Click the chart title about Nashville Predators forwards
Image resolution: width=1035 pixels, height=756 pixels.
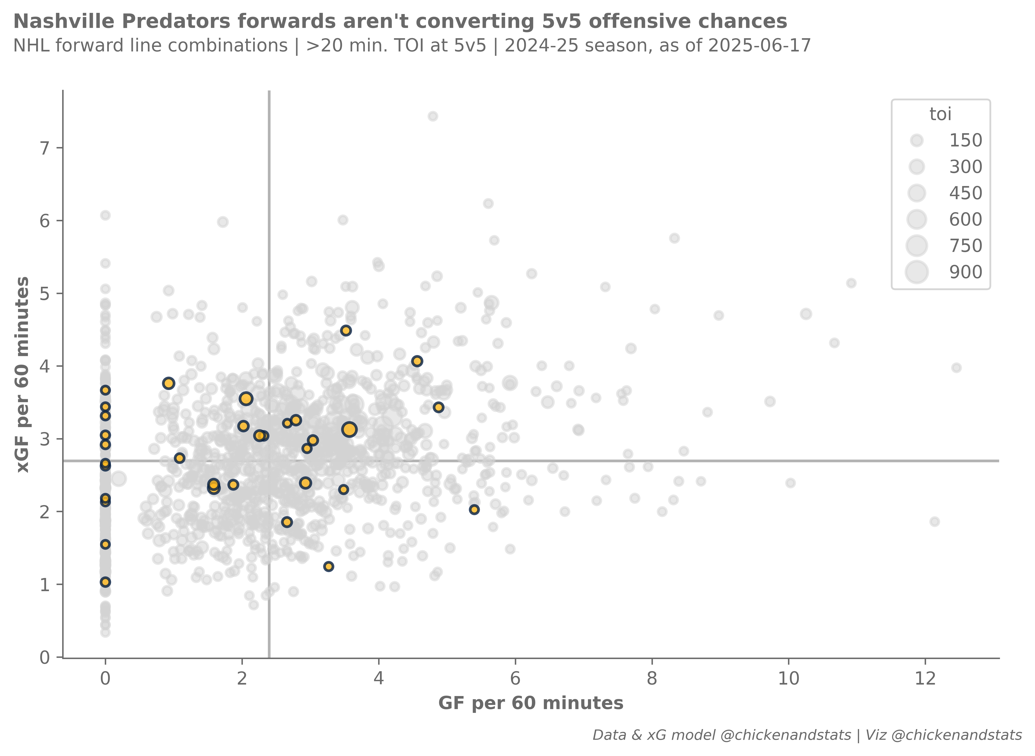[400, 22]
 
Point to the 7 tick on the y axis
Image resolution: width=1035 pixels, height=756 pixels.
[44, 148]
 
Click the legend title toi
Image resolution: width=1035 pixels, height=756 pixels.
[940, 114]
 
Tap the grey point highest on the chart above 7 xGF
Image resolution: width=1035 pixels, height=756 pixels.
[433, 116]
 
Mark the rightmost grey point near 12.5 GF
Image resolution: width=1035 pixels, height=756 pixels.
[956, 368]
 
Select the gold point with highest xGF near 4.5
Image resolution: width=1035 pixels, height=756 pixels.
[346, 331]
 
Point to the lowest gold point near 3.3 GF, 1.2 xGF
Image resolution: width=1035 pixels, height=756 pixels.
[328, 567]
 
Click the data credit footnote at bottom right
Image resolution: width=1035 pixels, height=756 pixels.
[807, 735]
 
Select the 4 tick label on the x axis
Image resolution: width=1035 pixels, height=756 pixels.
[378, 678]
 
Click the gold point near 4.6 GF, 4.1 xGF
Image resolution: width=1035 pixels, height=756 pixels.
[417, 361]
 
